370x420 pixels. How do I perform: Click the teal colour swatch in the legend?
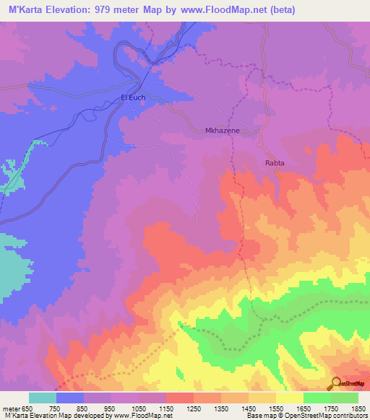point(43,398)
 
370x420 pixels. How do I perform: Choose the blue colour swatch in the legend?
point(70,398)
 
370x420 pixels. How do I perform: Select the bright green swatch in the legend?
point(317,398)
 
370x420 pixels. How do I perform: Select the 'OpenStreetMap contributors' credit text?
point(330,416)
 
